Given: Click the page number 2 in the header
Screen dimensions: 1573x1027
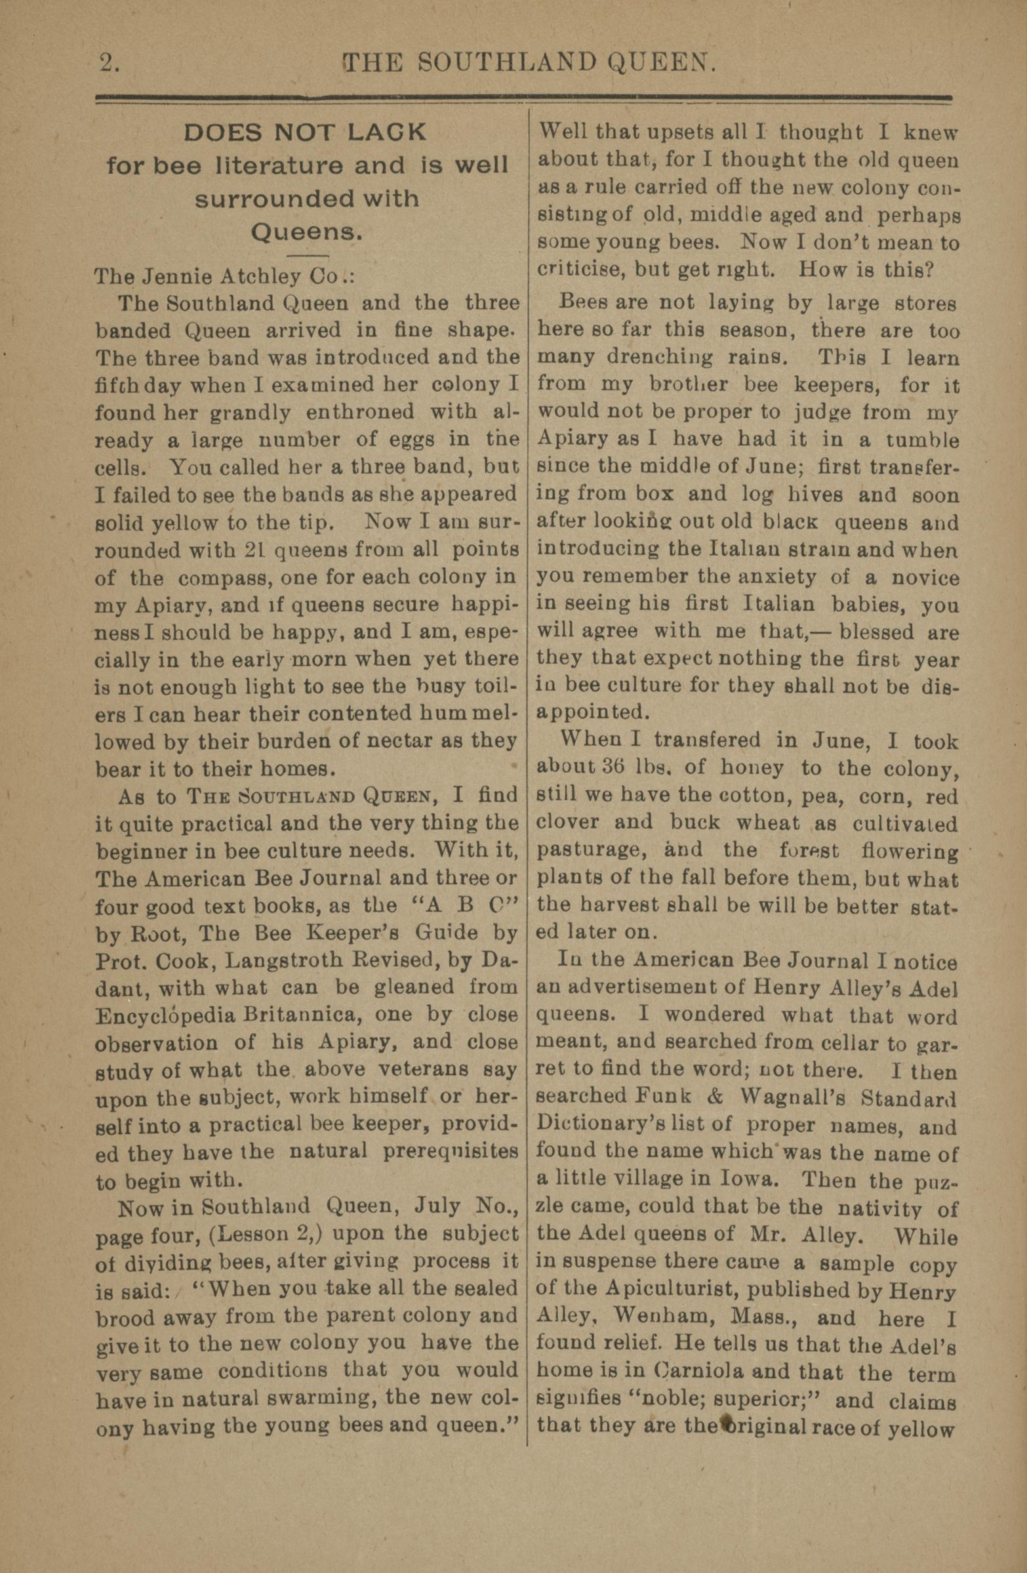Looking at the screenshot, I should pyautogui.click(x=107, y=64).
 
